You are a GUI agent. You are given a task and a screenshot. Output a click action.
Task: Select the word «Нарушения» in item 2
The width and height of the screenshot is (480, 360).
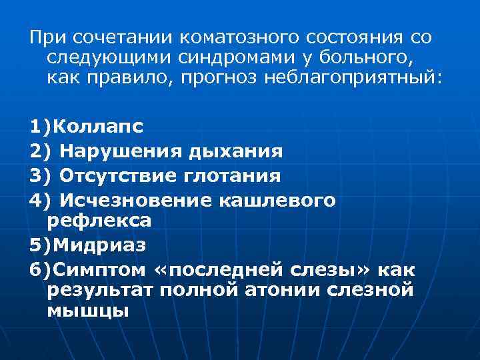click(117, 151)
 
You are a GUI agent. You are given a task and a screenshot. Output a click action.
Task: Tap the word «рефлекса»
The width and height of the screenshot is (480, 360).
click(99, 219)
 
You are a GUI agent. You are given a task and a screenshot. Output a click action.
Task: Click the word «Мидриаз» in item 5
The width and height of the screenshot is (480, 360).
click(99, 245)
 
